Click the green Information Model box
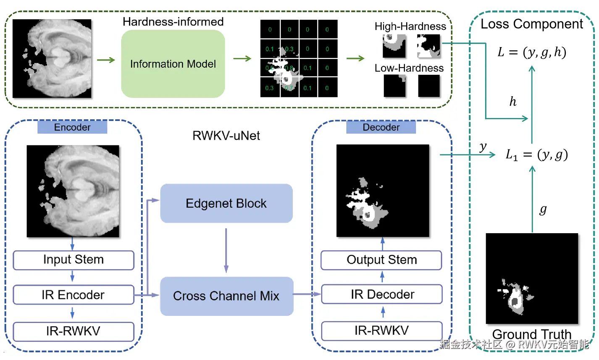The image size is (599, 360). click(173, 64)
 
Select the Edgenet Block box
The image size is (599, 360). click(226, 203)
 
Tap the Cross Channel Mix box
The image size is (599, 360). click(226, 296)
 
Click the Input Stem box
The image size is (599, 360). click(74, 260)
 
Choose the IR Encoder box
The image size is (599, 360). click(74, 295)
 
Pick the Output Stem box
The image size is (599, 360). click(381, 260)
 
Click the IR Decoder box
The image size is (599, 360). click(381, 294)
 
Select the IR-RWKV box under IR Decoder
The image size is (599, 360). click(381, 331)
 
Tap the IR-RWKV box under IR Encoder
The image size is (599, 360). click(74, 331)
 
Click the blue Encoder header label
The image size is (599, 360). click(72, 127)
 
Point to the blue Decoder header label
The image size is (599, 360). click(381, 127)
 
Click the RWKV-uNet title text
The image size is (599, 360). click(226, 136)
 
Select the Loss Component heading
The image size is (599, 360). click(532, 24)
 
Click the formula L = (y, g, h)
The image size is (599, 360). click(532, 52)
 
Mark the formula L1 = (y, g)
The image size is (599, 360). click(536, 155)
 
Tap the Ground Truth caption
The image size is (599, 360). click(532, 334)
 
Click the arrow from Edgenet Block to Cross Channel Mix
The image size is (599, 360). click(226, 250)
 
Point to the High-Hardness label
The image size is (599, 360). click(410, 26)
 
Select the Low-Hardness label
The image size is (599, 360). click(409, 68)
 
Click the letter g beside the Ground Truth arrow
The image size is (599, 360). click(543, 209)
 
